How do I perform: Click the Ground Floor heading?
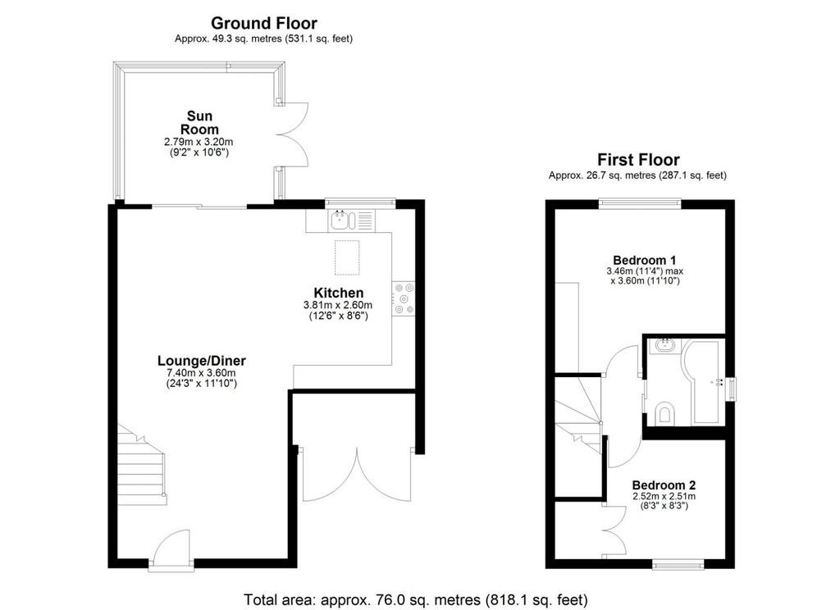263,23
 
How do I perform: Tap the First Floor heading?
638,160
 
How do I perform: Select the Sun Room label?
199,123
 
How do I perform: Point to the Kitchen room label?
339,293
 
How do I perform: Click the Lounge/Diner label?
202,361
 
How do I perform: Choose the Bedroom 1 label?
645,261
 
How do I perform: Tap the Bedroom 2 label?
664,485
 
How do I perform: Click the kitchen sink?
343,220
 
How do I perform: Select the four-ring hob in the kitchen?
404,298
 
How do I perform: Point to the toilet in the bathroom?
664,412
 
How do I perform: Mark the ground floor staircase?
141,464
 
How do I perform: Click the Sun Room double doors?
292,135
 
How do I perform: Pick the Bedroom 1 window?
640,203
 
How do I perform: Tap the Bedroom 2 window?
678,564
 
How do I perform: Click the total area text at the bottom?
416,599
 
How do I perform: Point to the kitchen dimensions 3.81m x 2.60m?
338,305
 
